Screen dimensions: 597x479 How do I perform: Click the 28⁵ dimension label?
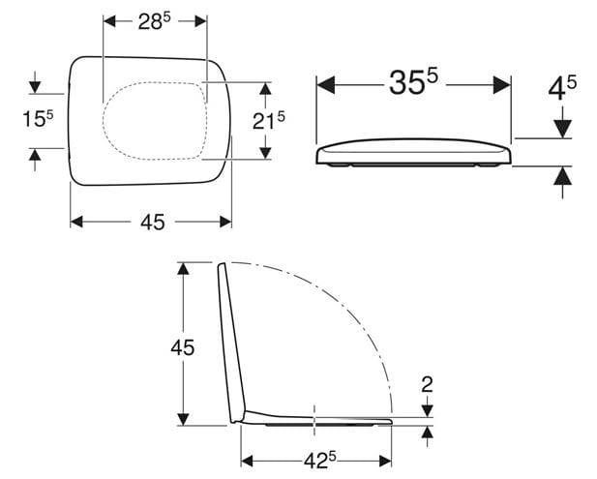point(154,22)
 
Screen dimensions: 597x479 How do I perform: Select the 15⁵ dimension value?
point(38,119)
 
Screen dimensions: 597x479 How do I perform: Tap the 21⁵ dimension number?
point(268,121)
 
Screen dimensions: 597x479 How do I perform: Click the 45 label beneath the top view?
point(153,222)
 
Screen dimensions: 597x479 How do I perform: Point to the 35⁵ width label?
point(413,82)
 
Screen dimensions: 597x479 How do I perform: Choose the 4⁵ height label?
point(562,88)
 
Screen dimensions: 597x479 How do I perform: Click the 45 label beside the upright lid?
point(182,347)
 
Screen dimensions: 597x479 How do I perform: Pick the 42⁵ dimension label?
point(320,462)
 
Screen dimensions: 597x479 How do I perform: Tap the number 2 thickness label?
point(428,384)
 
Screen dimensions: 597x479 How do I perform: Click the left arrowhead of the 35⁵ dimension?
point(325,85)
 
